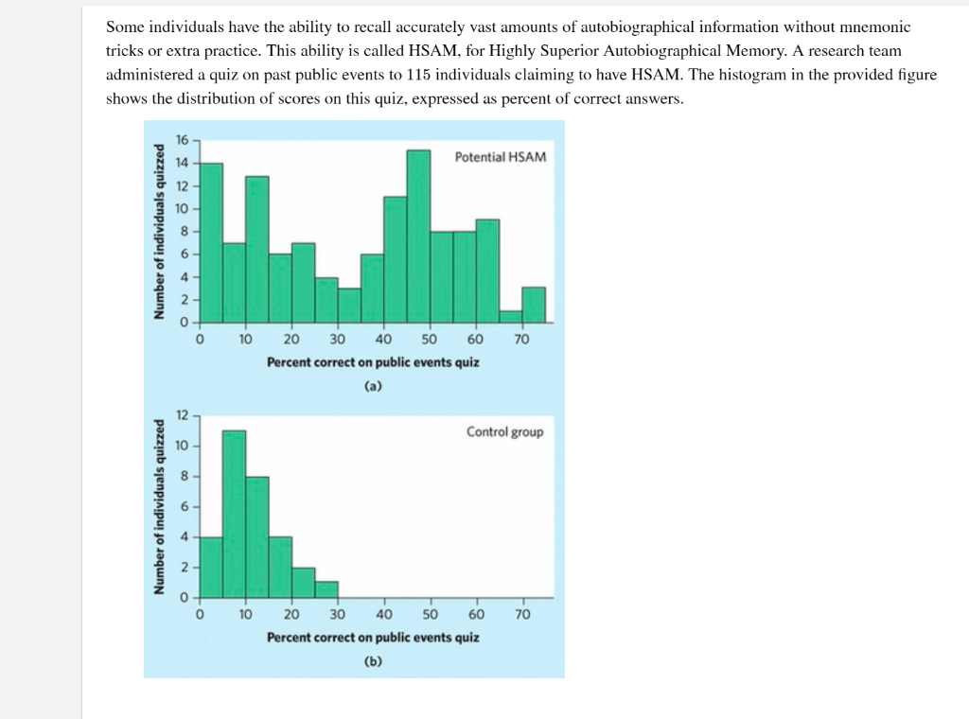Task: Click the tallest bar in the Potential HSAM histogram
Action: (418, 236)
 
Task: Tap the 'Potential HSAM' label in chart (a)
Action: (500, 156)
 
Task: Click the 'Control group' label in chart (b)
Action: (504, 432)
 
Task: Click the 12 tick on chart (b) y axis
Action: (185, 414)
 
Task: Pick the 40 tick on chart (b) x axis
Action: (384, 614)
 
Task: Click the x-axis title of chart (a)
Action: (373, 362)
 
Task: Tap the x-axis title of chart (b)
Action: (373, 637)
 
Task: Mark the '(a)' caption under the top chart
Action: (373, 385)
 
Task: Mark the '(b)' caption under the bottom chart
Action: (373, 661)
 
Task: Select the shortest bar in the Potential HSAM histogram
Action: (511, 317)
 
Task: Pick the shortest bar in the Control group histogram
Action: (326, 589)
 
